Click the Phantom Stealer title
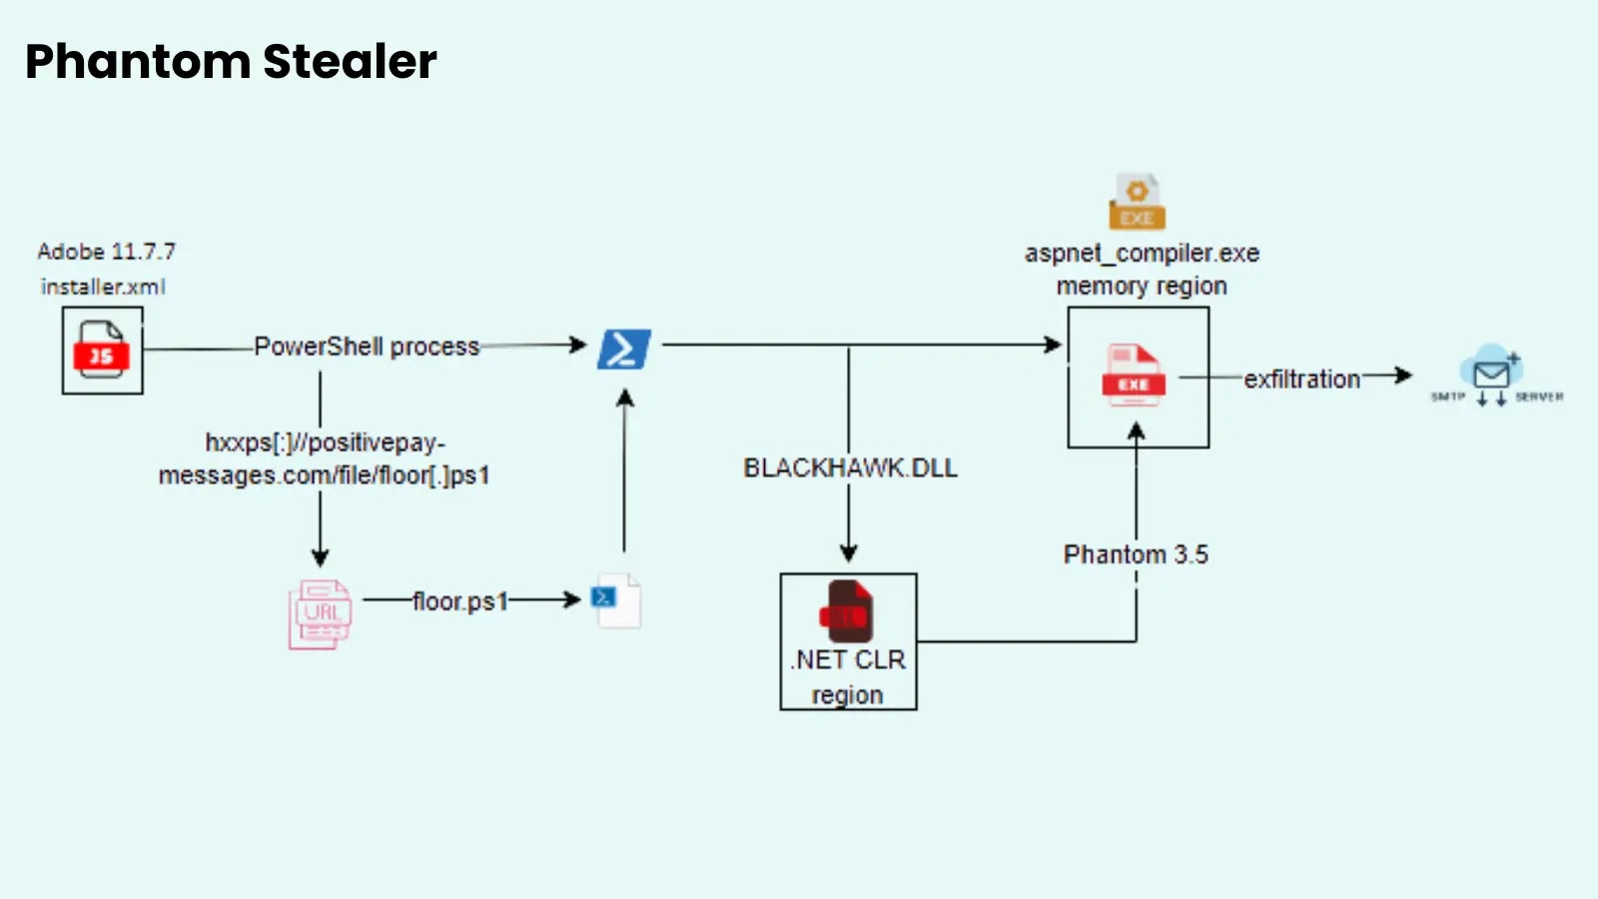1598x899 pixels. [x=231, y=62]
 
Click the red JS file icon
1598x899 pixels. [x=101, y=350]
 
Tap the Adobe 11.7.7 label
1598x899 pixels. [x=106, y=251]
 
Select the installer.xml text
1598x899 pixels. [x=103, y=287]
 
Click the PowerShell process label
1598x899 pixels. [x=367, y=347]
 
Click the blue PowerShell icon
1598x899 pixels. [x=624, y=350]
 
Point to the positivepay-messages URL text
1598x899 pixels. [x=325, y=458]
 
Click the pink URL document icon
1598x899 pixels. [x=321, y=613]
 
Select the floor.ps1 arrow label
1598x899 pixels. [x=460, y=601]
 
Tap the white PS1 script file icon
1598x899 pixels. [x=618, y=600]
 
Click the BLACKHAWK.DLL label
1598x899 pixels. [x=850, y=467]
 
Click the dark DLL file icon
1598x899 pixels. [x=847, y=611]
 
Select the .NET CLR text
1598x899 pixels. [x=849, y=660]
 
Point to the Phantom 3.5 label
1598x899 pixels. [x=1136, y=554]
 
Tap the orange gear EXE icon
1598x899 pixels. [x=1137, y=202]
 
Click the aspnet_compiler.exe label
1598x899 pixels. [x=1142, y=254]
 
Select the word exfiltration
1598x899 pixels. [x=1301, y=380]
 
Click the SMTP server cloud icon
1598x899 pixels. [x=1491, y=373]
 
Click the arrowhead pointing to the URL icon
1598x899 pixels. [x=320, y=557]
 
